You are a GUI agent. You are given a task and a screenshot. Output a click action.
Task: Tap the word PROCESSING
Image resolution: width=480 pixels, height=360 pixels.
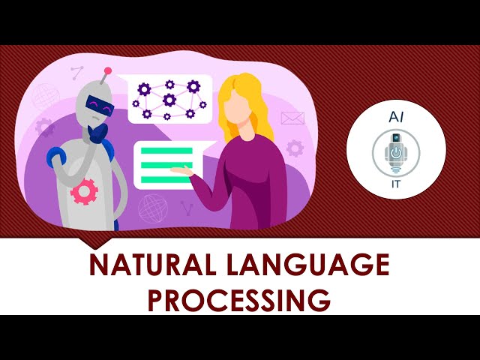tap(239, 299)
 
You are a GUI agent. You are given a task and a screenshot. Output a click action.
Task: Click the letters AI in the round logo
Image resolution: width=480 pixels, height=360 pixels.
tap(396, 118)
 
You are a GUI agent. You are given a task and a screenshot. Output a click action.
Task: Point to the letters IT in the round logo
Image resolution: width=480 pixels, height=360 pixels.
tap(396, 182)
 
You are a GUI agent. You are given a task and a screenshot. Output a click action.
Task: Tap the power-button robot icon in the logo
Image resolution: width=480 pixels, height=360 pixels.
tap(396, 151)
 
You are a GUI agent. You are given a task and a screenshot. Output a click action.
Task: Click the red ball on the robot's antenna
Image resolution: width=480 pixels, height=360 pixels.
tap(109, 71)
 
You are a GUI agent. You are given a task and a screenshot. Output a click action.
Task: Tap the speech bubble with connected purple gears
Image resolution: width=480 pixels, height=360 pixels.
tap(169, 99)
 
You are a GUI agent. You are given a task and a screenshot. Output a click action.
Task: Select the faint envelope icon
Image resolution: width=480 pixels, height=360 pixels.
tap(291, 118)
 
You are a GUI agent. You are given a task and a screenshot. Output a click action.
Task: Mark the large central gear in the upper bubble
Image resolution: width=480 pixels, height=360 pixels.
tap(169, 99)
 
